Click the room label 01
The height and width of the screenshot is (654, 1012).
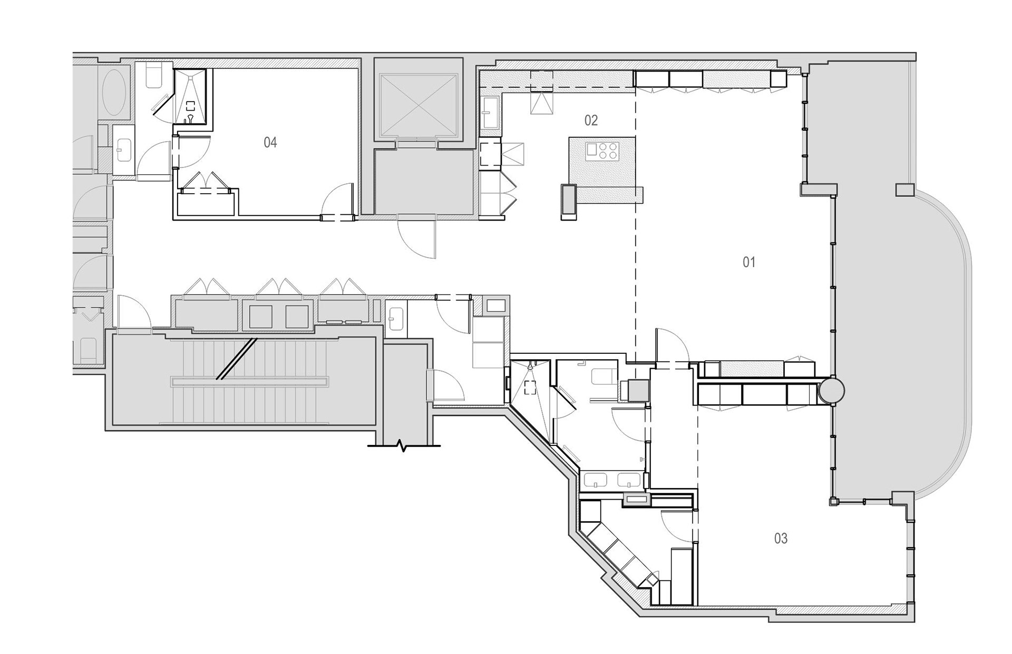(x=748, y=262)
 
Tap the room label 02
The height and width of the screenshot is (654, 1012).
(x=591, y=121)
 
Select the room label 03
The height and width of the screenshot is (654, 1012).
(x=781, y=538)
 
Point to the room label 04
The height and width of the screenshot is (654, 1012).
(x=270, y=142)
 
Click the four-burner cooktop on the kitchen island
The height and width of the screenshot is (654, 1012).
(x=602, y=151)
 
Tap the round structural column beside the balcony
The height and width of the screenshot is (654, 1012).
(x=832, y=390)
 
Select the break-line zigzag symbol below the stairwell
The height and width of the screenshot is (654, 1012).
(x=404, y=447)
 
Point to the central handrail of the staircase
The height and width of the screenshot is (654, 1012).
(x=249, y=381)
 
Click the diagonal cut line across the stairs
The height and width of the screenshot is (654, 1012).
(x=237, y=358)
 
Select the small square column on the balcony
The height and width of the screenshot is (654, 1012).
(x=904, y=189)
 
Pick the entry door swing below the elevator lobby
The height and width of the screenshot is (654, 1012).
(x=416, y=237)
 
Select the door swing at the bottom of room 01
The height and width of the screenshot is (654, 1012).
(x=672, y=345)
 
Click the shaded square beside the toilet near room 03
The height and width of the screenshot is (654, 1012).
(x=637, y=391)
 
